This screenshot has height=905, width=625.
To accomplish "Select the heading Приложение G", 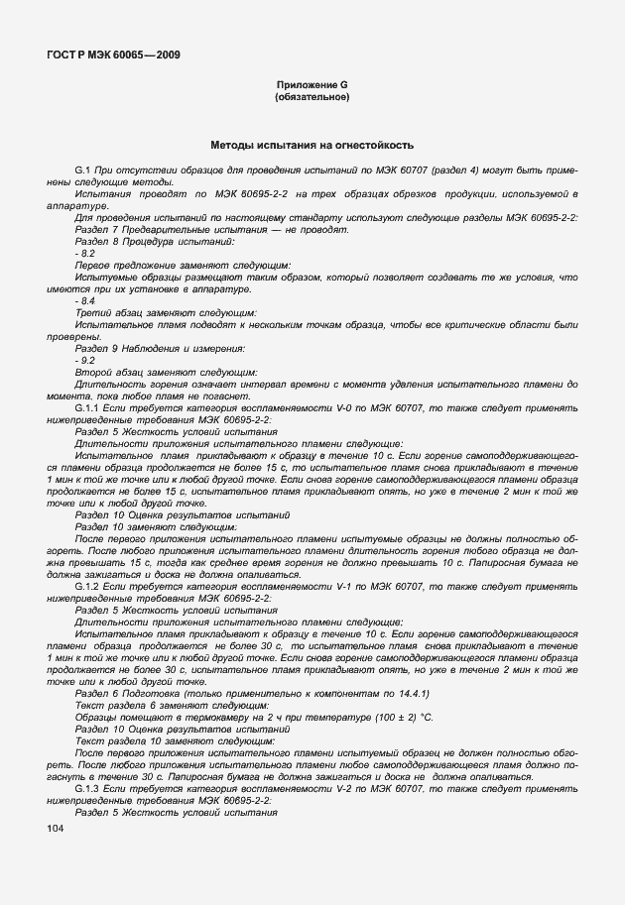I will pos(312,87).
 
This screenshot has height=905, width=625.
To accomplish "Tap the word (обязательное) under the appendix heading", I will pos(312,98).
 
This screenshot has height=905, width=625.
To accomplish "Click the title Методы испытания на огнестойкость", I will pos(312,145).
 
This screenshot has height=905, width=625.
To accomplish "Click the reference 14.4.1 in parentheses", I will pos(409,693).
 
